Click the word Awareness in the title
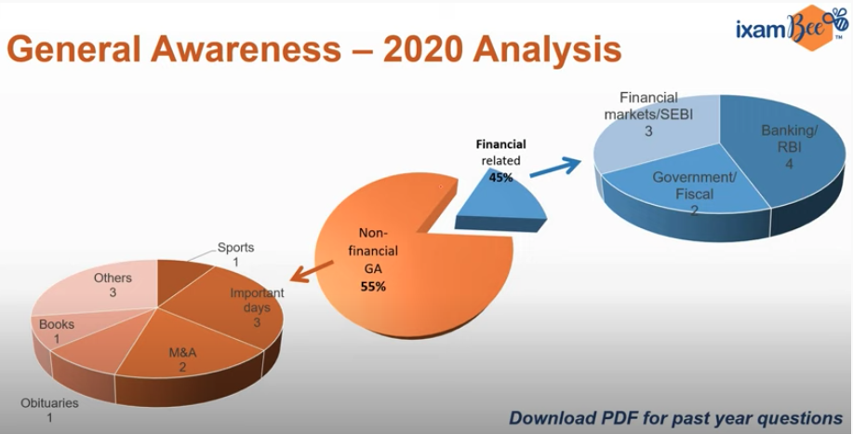tap(246, 49)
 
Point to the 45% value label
tap(500, 177)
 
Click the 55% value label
tap(373, 287)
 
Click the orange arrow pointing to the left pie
tap(312, 271)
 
